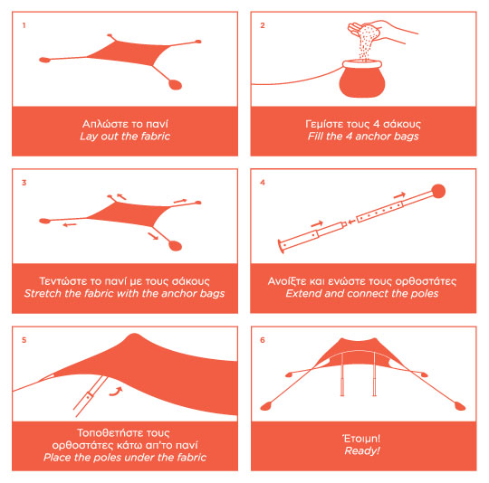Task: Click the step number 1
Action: click(24, 25)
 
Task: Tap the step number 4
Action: click(263, 183)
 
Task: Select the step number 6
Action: click(263, 340)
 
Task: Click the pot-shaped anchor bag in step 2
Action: click(362, 79)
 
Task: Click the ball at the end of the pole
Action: click(438, 191)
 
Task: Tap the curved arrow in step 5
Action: click(116, 392)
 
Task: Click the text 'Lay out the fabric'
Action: click(125, 137)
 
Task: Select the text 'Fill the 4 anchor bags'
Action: click(363, 137)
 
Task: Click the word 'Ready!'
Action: click(362, 450)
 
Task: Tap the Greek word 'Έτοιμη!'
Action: click(361, 439)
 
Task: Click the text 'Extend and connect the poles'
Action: click(362, 293)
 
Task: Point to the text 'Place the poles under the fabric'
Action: click(125, 457)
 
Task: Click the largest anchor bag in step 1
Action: click(176, 84)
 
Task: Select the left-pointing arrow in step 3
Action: click(70, 225)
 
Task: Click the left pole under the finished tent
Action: click(342, 374)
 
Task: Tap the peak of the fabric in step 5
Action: click(134, 335)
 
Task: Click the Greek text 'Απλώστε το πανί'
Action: click(125, 124)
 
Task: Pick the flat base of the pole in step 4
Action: click(281, 247)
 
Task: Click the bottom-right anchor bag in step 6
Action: click(460, 406)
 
